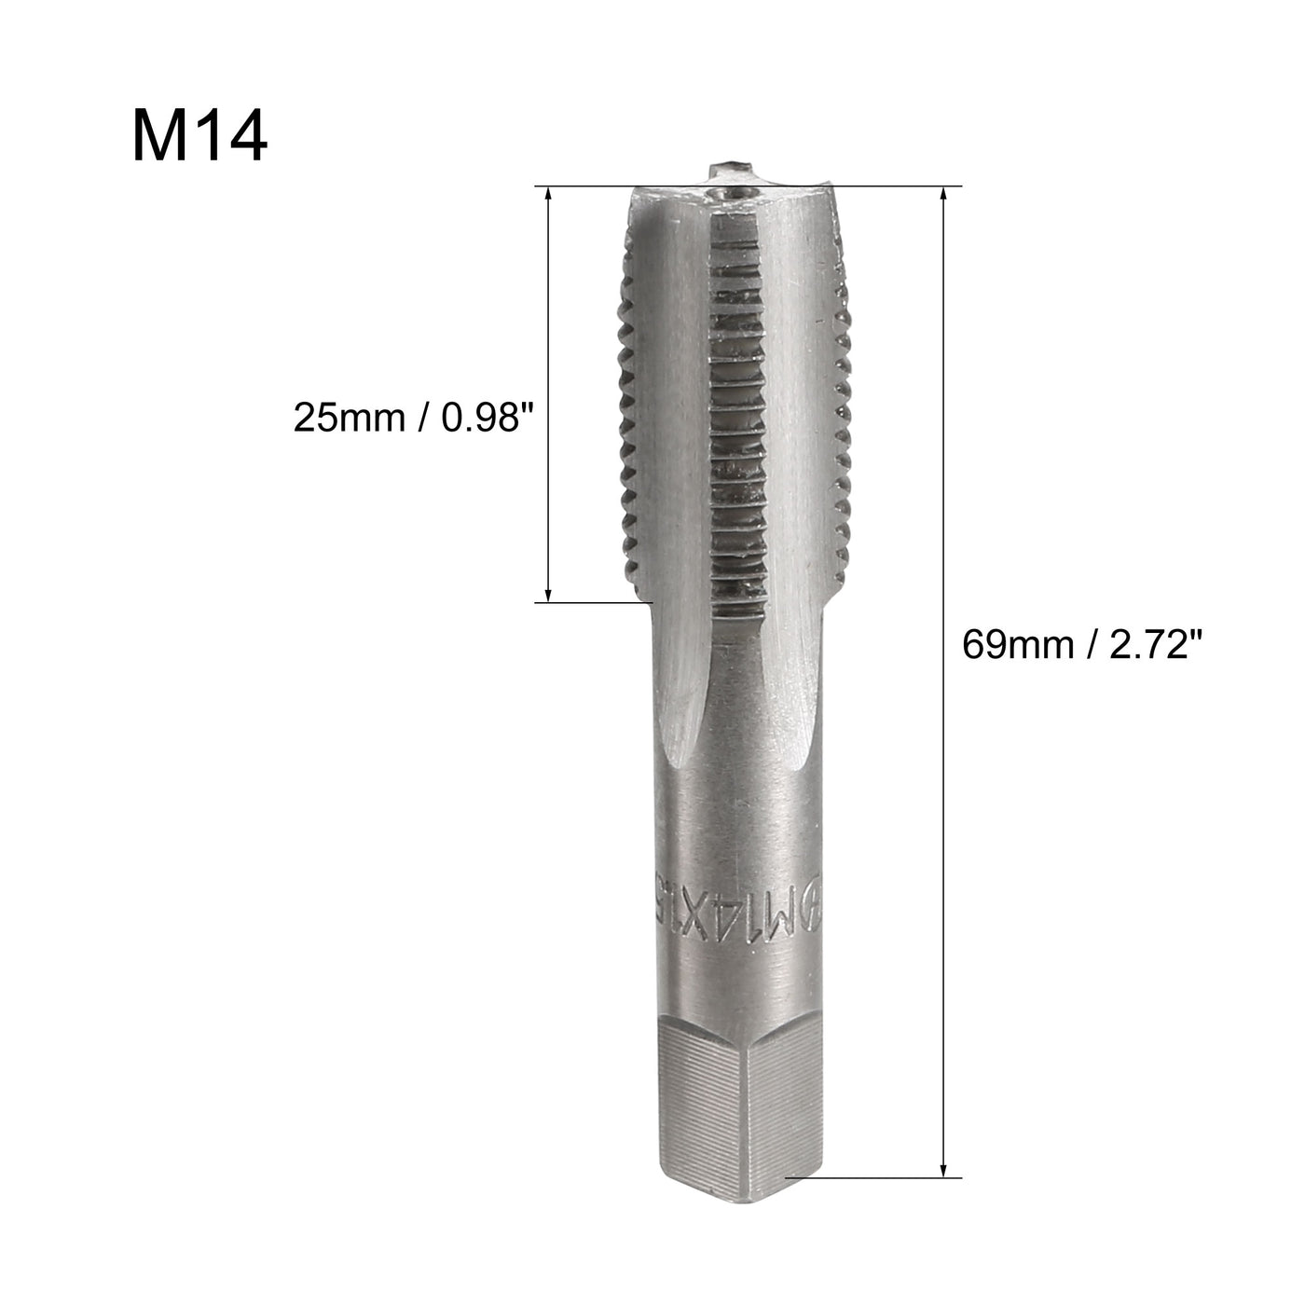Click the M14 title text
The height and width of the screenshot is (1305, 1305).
click(x=199, y=136)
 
